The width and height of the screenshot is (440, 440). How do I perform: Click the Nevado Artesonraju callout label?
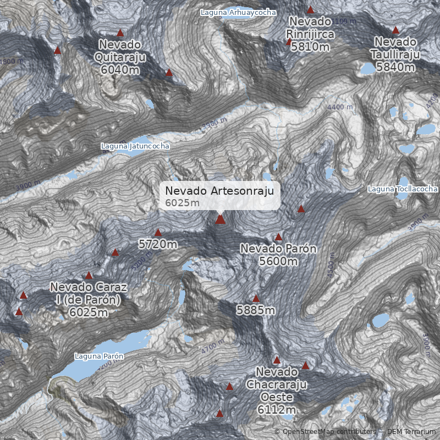click(x=220, y=196)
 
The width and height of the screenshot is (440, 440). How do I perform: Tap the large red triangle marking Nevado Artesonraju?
click(x=220, y=219)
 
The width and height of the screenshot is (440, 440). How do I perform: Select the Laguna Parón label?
click(x=99, y=356)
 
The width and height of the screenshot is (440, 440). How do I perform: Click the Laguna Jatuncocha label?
click(x=135, y=146)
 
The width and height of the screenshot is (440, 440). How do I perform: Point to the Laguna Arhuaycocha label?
click(x=238, y=12)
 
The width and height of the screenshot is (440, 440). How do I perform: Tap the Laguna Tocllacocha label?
click(x=403, y=189)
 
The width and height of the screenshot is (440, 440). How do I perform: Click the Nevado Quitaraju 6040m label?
click(x=120, y=57)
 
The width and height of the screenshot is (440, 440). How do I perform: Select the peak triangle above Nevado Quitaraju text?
click(x=120, y=32)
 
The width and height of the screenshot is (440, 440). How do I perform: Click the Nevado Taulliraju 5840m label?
click(x=395, y=54)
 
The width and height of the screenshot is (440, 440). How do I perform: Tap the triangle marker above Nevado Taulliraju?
click(x=395, y=30)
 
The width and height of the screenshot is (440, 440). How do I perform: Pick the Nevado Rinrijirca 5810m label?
click(x=310, y=34)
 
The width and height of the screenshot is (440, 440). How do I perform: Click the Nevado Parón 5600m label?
click(x=278, y=255)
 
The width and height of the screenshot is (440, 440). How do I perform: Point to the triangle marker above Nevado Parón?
click(x=278, y=237)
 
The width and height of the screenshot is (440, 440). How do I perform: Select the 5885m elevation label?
click(x=256, y=310)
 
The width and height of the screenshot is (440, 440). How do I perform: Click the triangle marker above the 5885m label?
click(x=256, y=298)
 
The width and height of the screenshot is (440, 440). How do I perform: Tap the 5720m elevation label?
click(x=158, y=244)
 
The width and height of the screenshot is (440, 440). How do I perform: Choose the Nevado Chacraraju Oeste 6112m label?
click(x=276, y=390)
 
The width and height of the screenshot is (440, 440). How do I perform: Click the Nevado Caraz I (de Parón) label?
click(x=89, y=299)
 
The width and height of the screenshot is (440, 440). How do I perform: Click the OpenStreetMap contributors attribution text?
click(x=328, y=432)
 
